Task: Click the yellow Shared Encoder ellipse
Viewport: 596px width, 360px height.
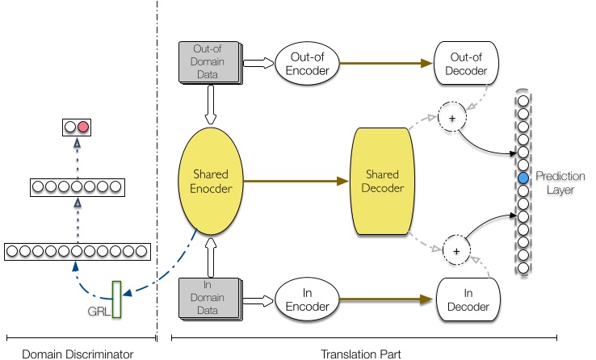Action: (x=211, y=181)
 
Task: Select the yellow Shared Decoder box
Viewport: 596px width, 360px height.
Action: (x=382, y=181)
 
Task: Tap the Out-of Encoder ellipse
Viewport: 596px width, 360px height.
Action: (x=307, y=64)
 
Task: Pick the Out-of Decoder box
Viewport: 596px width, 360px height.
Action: (x=466, y=63)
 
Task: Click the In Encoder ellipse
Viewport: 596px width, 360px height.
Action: (x=307, y=299)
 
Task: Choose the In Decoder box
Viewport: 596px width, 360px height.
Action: (x=468, y=299)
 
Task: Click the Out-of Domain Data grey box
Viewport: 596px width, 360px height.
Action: (x=210, y=62)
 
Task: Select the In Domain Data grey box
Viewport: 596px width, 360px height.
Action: (x=210, y=299)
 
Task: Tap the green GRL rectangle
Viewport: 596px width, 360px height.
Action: (x=116, y=299)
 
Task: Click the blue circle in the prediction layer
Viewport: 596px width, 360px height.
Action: (x=523, y=178)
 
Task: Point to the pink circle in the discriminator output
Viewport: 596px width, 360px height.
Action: (x=83, y=127)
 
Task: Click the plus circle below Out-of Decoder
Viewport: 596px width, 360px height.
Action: (x=452, y=117)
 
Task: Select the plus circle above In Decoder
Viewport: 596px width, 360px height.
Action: (x=456, y=250)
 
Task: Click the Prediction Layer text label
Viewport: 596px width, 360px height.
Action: (x=560, y=182)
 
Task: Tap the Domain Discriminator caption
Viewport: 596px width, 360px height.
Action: (x=78, y=354)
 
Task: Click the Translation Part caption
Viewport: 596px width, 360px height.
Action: (x=361, y=354)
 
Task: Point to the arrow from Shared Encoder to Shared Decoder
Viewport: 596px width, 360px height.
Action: (x=296, y=181)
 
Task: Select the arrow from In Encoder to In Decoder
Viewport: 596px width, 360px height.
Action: (x=386, y=299)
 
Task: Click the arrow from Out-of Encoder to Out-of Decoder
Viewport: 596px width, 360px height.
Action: (x=386, y=63)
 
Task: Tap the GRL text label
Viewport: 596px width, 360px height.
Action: (x=99, y=312)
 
